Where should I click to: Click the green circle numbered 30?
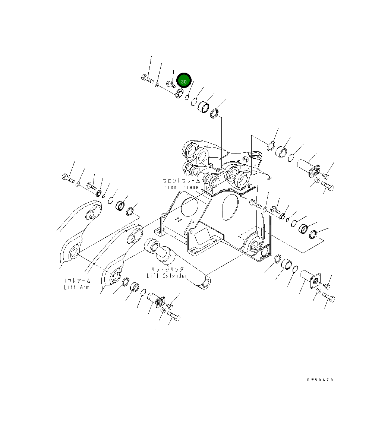pyautogui.click(x=184, y=81)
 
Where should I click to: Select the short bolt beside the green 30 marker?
pyautogui.click(x=171, y=85)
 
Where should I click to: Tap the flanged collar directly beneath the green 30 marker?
pyautogui.click(x=179, y=93)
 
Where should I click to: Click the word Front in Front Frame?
pyautogui.click(x=173, y=187)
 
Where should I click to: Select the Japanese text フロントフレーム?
pyautogui.click(x=182, y=181)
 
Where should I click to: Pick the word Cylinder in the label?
pyautogui.click(x=174, y=276)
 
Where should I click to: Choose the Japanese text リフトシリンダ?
pyautogui.click(x=167, y=269)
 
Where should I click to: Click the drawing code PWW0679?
pyautogui.click(x=320, y=380)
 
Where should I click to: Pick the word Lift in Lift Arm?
pyautogui.click(x=70, y=287)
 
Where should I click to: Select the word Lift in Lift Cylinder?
pyautogui.click(x=153, y=276)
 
